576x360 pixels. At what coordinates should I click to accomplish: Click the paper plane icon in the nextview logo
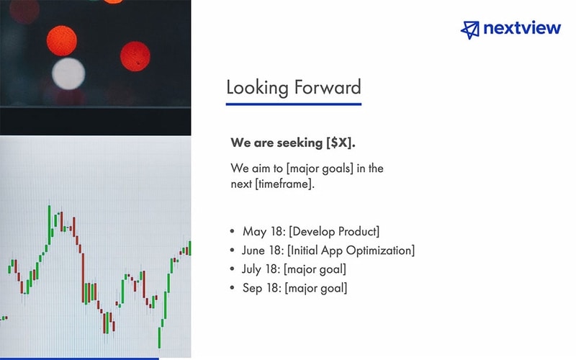pos(469,29)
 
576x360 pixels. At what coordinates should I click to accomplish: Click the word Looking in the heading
pos(257,88)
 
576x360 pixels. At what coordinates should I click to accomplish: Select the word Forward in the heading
pos(327,88)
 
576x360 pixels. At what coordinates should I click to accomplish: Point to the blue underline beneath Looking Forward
pos(293,104)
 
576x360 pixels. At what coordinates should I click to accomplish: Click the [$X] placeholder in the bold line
pos(341,142)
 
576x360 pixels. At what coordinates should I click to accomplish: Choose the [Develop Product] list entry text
pos(333,232)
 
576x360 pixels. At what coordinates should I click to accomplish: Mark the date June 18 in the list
pos(264,251)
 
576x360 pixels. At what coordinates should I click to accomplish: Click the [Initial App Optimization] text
pos(351,251)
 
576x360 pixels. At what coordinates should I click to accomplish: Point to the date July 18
pos(262,269)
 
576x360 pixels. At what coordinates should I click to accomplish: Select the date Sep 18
pos(262,288)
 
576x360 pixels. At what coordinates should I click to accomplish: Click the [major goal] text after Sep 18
pos(316,288)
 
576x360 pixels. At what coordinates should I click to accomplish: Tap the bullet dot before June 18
pos(232,251)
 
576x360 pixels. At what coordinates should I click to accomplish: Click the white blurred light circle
pos(69,73)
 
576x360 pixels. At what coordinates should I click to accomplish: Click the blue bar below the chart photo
pos(79,358)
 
